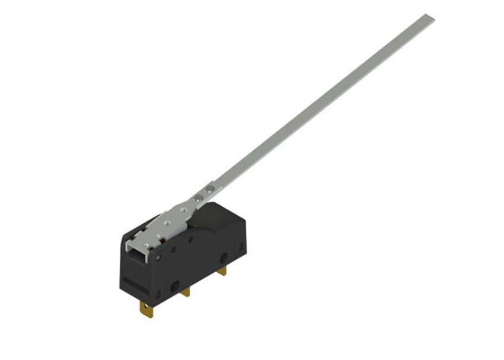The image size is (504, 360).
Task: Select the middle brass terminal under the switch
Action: pyautogui.click(x=185, y=292)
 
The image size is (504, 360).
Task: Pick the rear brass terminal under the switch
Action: pyautogui.click(x=222, y=270)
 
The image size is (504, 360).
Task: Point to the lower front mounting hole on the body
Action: pyautogui.click(x=175, y=286)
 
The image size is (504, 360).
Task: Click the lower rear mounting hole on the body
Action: pyautogui.click(x=224, y=259)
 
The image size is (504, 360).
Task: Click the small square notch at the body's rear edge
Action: pyautogui.click(x=241, y=244)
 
